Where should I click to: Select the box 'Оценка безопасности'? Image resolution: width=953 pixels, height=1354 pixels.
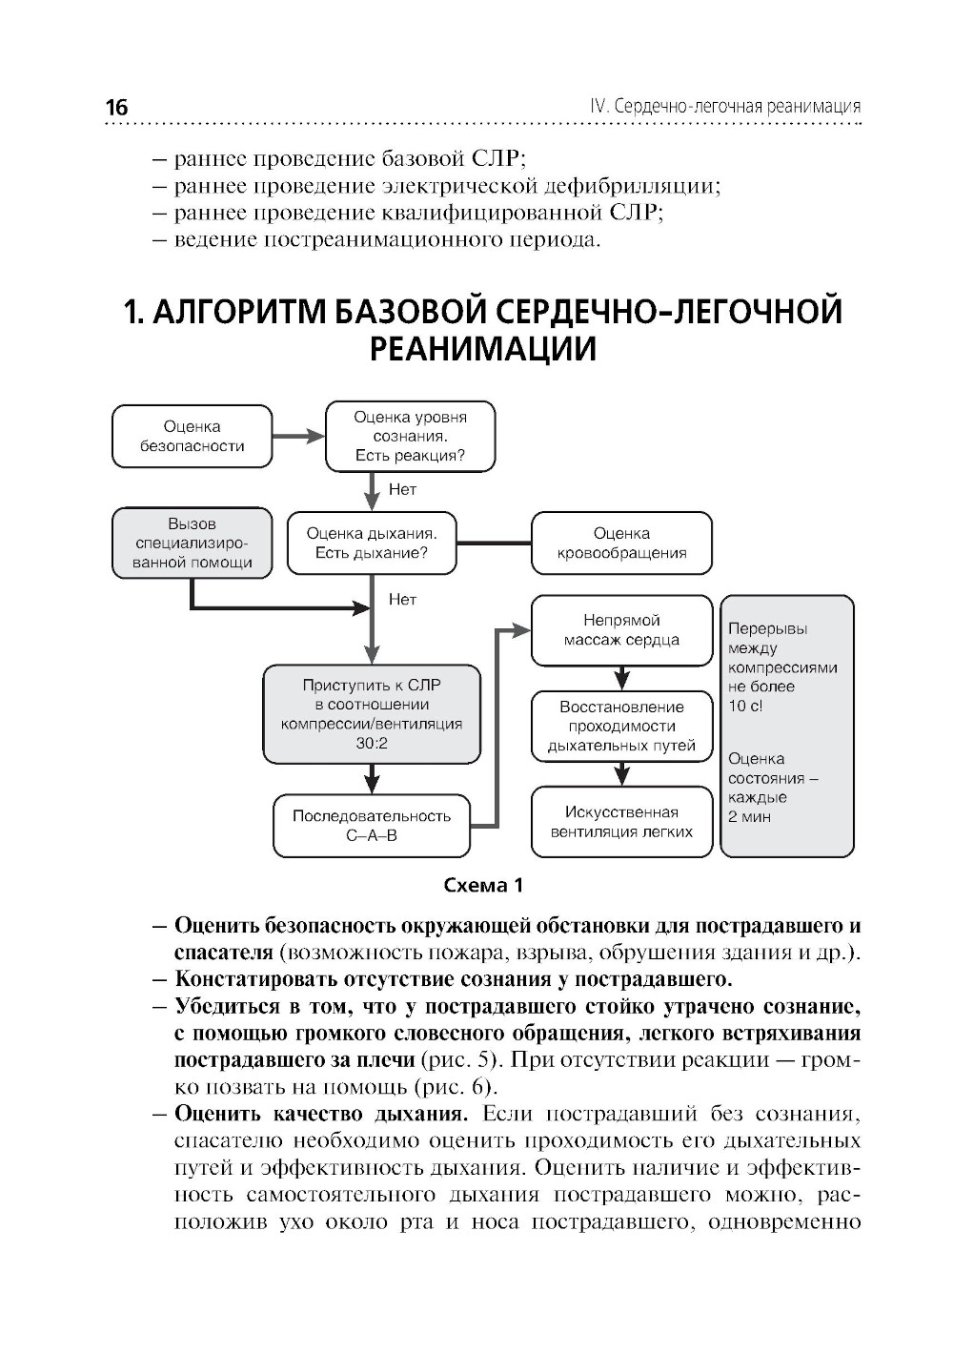(x=192, y=437)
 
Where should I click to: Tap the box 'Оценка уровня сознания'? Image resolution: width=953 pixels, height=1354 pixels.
(x=410, y=437)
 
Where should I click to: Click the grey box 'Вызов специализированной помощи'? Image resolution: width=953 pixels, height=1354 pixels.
(x=192, y=544)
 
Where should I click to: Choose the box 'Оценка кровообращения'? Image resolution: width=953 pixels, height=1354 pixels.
(x=621, y=544)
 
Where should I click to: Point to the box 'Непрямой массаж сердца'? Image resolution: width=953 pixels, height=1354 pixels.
(x=621, y=630)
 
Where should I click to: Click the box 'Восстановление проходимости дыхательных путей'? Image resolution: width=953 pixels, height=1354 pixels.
(x=621, y=727)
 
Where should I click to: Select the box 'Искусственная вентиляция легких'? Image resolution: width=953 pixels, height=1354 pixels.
(x=621, y=822)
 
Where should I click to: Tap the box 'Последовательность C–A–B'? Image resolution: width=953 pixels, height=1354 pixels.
(x=371, y=826)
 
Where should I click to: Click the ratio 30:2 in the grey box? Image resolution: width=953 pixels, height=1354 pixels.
(x=372, y=744)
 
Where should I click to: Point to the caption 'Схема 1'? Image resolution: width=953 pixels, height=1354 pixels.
(x=484, y=885)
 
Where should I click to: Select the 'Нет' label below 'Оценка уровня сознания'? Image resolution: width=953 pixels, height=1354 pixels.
(x=403, y=490)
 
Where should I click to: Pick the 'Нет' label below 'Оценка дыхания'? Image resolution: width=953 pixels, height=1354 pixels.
(x=403, y=600)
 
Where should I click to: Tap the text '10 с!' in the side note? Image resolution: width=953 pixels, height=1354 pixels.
(x=746, y=706)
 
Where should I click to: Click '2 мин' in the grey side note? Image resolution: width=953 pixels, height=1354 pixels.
(x=749, y=816)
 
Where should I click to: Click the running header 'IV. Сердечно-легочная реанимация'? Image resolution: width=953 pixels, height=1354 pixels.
(x=725, y=106)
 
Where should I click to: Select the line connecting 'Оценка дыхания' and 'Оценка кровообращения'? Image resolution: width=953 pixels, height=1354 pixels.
(x=494, y=544)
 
